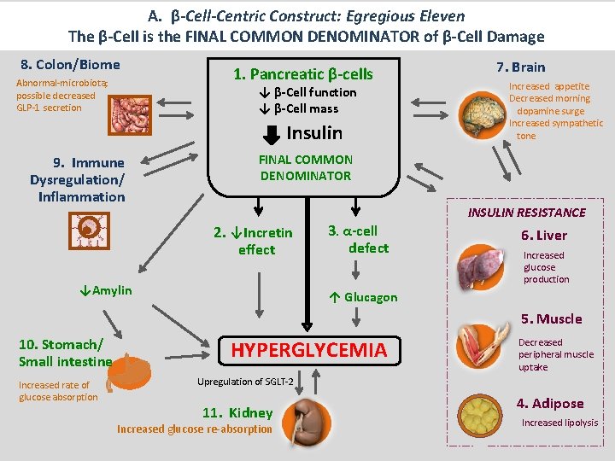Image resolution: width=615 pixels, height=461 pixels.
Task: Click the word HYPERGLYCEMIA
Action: tap(309, 350)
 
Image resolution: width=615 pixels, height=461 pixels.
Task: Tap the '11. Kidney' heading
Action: tap(237, 413)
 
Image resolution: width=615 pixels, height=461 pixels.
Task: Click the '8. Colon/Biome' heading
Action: tap(70, 65)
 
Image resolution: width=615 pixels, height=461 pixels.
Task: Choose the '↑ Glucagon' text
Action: tap(362, 297)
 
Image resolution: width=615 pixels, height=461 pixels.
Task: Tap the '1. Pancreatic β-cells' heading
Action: tap(303, 74)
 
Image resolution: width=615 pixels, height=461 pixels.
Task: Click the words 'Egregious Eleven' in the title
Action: tap(413, 15)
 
